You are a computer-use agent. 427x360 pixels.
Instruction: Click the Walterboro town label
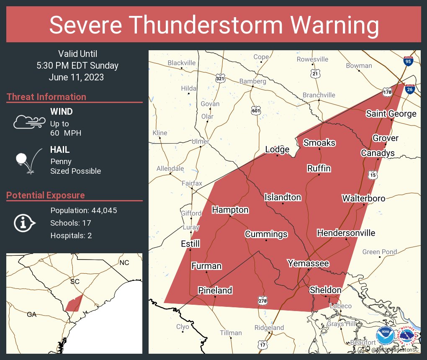point(363,198)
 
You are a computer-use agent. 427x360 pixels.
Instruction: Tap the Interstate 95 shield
point(408,61)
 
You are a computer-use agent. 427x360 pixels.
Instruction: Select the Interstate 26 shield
point(410,89)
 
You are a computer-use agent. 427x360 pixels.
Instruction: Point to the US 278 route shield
point(262,300)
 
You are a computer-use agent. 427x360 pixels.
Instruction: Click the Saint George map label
point(391,113)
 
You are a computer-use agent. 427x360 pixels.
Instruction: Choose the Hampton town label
point(230,210)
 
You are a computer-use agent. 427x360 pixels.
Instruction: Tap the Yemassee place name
point(308,263)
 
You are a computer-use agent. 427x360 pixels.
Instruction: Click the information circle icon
point(24,223)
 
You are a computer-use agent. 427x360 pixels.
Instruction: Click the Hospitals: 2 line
point(71,236)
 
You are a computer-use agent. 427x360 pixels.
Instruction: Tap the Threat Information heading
point(46,97)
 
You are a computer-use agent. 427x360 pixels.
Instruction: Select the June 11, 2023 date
point(76,77)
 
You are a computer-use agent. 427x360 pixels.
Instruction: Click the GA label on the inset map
point(32,314)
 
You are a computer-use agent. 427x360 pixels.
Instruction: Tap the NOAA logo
point(385,335)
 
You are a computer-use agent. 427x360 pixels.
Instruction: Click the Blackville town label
point(182,63)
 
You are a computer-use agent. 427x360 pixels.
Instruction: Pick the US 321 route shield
point(221,79)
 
